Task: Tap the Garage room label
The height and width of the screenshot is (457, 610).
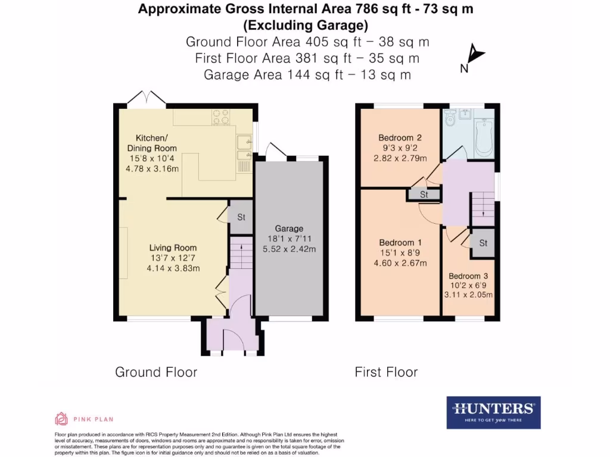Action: [289, 228]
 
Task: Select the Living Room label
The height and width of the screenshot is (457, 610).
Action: [173, 248]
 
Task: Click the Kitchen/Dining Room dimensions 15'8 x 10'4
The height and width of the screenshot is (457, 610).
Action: [152, 159]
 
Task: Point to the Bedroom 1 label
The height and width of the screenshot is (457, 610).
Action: [400, 243]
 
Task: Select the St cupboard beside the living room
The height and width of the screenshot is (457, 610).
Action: [241, 217]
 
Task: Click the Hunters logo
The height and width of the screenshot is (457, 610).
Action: [493, 412]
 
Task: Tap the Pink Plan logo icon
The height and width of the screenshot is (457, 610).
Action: [61, 419]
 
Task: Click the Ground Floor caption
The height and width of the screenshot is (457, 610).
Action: [155, 373]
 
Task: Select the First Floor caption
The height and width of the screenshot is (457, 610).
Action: [386, 373]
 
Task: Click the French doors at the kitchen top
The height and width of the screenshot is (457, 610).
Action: [147, 98]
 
